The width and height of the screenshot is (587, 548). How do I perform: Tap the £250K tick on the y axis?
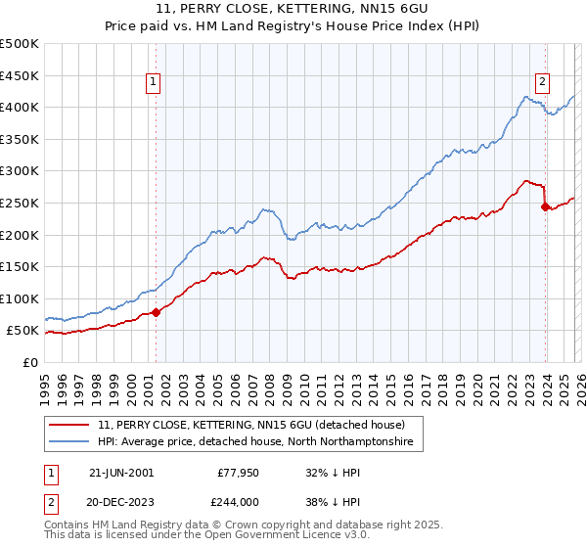[20, 203]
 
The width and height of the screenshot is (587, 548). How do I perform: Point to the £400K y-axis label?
[20, 107]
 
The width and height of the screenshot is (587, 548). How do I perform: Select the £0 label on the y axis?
[29, 362]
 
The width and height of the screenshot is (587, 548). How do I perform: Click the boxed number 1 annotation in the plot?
[156, 83]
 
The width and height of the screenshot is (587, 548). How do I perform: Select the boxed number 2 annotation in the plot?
[542, 83]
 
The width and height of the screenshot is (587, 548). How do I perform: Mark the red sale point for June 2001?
[157, 313]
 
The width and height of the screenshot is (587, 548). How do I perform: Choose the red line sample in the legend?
[70, 425]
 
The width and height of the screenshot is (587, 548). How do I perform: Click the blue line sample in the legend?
[70, 442]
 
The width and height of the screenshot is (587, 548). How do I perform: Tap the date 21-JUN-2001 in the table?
[121, 472]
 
